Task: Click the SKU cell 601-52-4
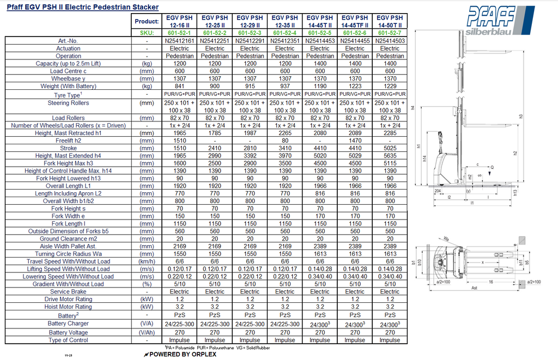tap(285, 33)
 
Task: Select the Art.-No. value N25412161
tap(179, 40)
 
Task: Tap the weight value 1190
tap(320, 87)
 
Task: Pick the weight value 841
tap(179, 87)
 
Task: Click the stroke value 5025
tap(390, 148)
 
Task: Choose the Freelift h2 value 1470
tap(355, 141)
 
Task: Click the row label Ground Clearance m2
tap(68, 239)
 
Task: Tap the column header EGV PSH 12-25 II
tap(215, 21)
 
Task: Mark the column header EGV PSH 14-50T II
tap(390, 21)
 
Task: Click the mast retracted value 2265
tap(285, 133)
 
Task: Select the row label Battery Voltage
tap(68, 332)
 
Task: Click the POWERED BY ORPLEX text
tap(180, 354)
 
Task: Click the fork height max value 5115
tap(390, 163)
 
